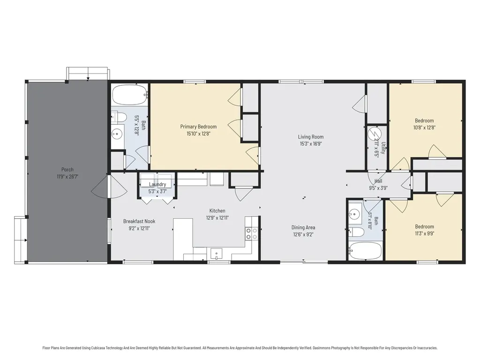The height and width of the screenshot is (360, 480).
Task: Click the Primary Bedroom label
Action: tap(198, 127)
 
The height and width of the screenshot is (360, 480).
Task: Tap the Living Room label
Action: tap(311, 137)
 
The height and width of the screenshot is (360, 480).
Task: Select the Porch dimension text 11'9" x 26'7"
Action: tap(67, 177)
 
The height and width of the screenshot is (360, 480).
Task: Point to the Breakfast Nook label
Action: tap(139, 221)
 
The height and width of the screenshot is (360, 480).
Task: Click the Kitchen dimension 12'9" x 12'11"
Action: tap(217, 218)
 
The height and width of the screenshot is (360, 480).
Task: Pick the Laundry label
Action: tap(157, 184)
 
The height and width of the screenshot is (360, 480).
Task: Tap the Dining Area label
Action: tap(303, 227)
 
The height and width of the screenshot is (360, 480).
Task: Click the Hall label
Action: tap(378, 181)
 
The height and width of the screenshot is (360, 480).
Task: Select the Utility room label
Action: tap(383, 148)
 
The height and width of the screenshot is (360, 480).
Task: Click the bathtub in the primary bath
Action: tap(129, 95)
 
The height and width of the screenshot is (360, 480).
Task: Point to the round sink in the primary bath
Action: tap(116, 134)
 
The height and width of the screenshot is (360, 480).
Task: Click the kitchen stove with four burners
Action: tap(252, 233)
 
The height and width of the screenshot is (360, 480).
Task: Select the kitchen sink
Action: tap(217, 254)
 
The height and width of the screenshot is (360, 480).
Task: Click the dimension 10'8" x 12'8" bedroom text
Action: tap(424, 127)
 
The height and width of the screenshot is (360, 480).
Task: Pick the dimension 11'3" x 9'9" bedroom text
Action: tap(424, 233)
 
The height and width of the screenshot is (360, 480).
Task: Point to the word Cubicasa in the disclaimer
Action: tap(97, 348)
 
